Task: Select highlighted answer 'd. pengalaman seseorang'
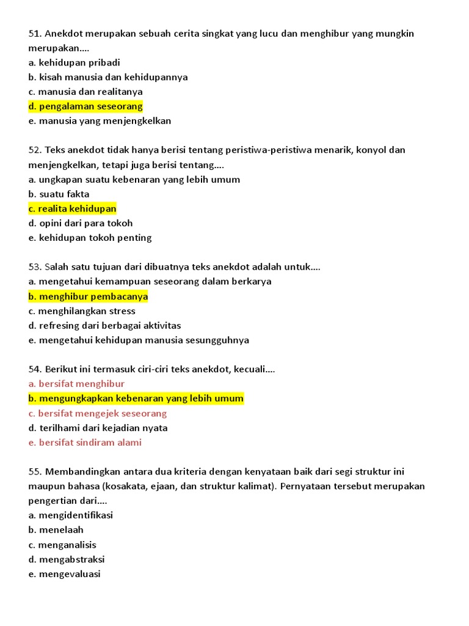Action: pos(85,106)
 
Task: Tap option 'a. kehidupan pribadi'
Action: pos(74,62)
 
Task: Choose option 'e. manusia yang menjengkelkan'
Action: pos(100,121)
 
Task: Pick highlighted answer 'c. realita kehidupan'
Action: pos(72,209)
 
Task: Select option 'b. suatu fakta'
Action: pos(59,194)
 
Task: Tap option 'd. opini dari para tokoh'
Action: pos(80,223)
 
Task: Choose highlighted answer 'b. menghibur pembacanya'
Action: pos(88,296)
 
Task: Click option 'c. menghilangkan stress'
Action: pos(82,311)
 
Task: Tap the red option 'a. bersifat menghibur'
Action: pos(76,384)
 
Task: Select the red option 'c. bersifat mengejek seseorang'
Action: pos(97,413)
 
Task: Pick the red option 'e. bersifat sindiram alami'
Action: pos(85,443)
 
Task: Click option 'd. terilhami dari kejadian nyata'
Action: pos(98,428)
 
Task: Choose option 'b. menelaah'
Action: pos(56,530)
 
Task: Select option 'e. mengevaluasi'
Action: pos(64,574)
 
